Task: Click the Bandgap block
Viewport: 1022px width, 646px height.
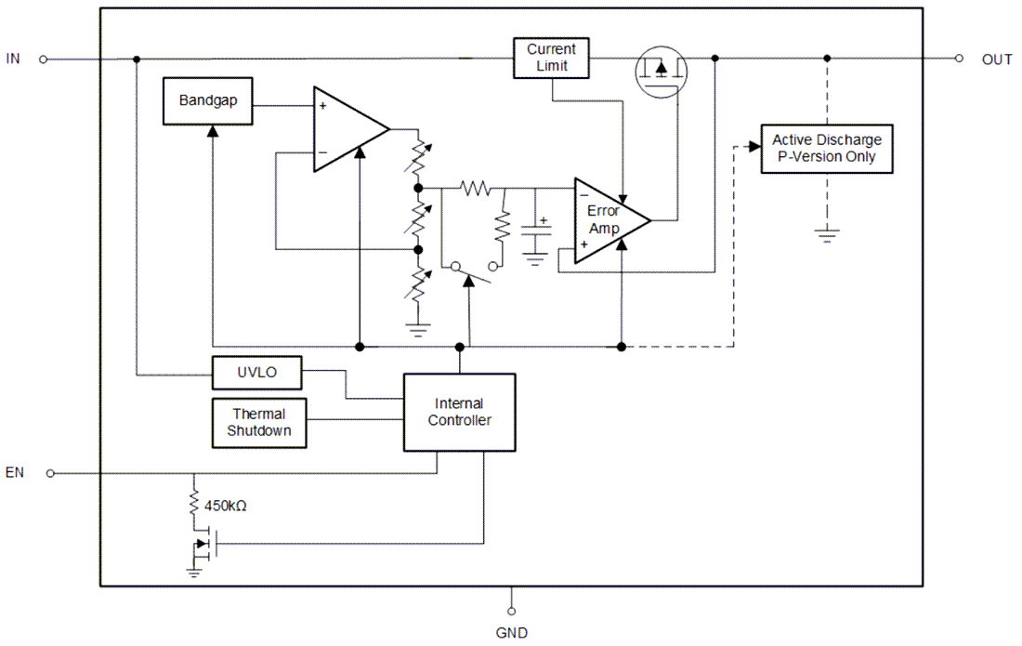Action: (207, 100)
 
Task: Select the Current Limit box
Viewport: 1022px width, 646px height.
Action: (551, 58)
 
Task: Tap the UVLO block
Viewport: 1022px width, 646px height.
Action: (256, 374)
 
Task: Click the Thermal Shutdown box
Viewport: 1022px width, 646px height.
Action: (259, 422)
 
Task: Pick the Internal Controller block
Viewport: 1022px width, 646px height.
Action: (459, 412)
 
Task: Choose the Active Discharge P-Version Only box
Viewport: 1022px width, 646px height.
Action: (826, 149)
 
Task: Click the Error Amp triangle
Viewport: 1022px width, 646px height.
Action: (606, 220)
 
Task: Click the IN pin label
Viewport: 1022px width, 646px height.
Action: (13, 59)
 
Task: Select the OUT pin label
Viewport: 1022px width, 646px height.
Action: (997, 59)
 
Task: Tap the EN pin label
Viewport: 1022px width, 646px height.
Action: (14, 472)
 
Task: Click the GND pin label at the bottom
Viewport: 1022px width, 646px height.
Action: (511, 633)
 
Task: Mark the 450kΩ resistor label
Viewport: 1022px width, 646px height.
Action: (225, 507)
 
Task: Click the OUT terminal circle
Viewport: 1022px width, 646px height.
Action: (959, 59)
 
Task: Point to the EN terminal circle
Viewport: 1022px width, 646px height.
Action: (50, 473)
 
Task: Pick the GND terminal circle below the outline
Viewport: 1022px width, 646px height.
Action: (511, 612)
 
